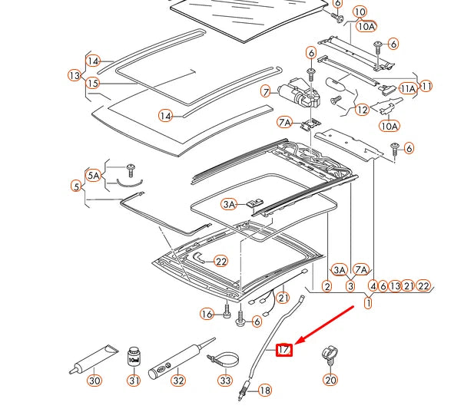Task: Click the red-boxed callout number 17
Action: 284,350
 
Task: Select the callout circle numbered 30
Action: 94,381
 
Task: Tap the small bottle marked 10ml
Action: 134,356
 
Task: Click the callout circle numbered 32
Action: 178,381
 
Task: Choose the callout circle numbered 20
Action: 330,380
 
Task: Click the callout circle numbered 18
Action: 265,391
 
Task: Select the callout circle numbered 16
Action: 206,314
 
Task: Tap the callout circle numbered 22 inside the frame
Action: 221,261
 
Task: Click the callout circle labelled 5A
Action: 94,176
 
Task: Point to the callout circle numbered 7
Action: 266,91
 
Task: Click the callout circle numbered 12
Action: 362,110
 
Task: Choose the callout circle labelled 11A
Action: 408,89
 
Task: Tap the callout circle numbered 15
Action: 93,82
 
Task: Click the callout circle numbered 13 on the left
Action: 74,76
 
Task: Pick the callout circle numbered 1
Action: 368,303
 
